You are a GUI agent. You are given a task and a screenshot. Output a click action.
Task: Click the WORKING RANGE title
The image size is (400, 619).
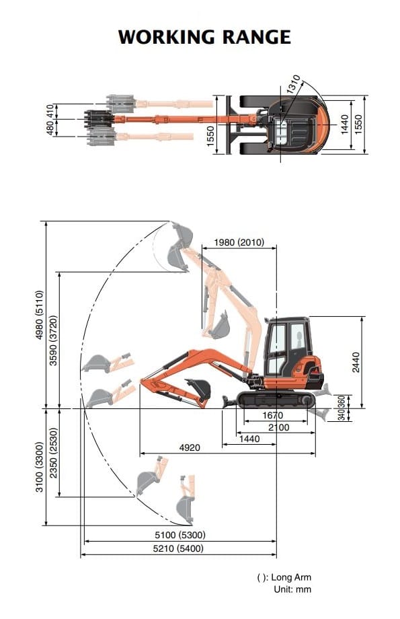point(204,37)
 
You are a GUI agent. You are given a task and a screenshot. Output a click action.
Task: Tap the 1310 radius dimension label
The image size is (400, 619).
point(294,84)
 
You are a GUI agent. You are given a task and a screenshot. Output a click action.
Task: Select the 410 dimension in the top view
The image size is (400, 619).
point(50,111)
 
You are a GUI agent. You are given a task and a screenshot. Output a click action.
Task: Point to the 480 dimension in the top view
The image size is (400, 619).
point(50,128)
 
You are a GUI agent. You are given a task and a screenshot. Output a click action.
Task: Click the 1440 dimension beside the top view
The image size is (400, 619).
point(344,124)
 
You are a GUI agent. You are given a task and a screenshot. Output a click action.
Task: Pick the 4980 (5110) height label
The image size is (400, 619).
point(39,315)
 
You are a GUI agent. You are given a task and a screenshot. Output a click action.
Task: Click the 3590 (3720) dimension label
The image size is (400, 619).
point(53,340)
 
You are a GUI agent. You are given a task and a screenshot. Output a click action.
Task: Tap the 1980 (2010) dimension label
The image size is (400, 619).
point(239,242)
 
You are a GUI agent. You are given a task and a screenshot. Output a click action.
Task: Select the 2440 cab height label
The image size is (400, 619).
point(356,363)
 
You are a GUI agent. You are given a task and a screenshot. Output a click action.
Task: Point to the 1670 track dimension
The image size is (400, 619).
point(272,415)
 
